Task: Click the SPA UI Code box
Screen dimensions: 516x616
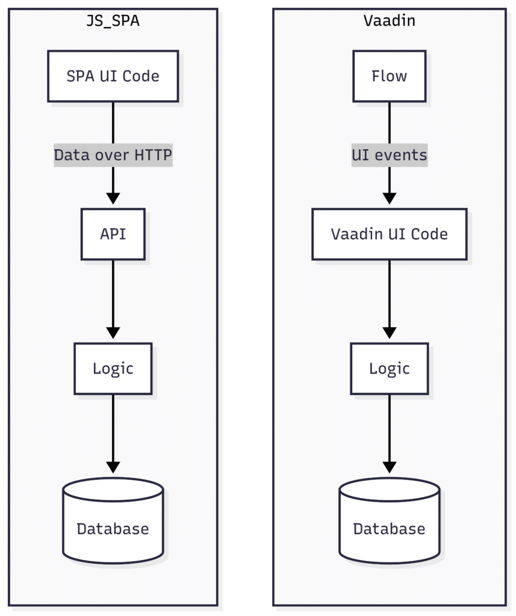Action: click(113, 76)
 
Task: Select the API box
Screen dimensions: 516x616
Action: click(113, 234)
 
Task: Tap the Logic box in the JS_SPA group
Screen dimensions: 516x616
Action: click(113, 369)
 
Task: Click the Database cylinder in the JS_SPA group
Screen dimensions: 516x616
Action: click(113, 520)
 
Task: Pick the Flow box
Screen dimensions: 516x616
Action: click(390, 76)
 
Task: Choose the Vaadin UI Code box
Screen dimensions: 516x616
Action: click(390, 234)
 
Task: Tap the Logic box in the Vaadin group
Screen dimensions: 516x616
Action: click(390, 369)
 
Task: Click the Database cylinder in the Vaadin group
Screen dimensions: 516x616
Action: click(390, 520)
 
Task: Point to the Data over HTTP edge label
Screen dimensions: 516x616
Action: click(113, 155)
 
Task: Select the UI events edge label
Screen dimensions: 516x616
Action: click(390, 155)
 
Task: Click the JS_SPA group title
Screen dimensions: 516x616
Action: click(113, 21)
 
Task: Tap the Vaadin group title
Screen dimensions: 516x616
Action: click(390, 21)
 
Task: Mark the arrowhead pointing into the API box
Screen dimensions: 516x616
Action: click(113, 199)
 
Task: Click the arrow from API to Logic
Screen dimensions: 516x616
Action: click(113, 300)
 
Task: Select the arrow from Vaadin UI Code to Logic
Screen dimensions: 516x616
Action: click(390, 300)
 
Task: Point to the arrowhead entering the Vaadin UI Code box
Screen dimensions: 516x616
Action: click(390, 199)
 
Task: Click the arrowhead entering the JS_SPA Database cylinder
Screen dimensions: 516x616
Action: click(113, 467)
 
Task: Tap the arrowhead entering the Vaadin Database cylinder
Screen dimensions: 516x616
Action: click(390, 467)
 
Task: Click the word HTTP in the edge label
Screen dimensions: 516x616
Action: click(153, 155)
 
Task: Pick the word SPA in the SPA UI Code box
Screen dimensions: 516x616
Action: click(81, 76)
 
